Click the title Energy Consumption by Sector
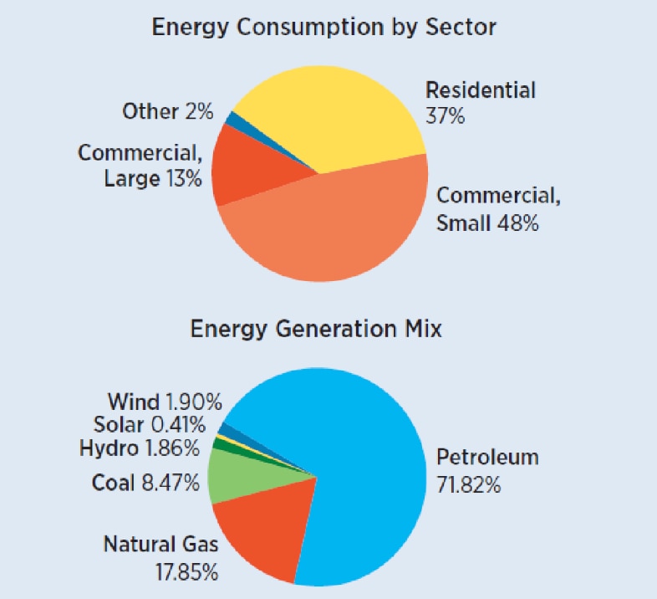pyautogui.click(x=323, y=27)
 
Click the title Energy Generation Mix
pyautogui.click(x=316, y=329)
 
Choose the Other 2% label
pyautogui.click(x=167, y=111)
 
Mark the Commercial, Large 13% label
pyautogui.click(x=140, y=166)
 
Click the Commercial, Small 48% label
pyautogui.click(x=498, y=209)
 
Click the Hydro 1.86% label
pyautogui.click(x=140, y=448)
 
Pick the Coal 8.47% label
pyautogui.click(x=145, y=483)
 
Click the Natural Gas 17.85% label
pyautogui.click(x=160, y=558)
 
